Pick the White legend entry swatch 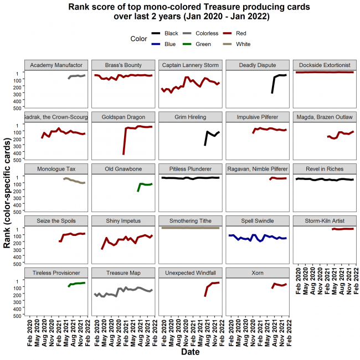(x=227, y=44)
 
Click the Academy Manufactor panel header (x=56, y=65)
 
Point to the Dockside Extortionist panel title (x=324, y=65)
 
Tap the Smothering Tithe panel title (x=191, y=221)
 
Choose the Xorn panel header (x=258, y=273)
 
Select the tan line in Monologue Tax (x=75, y=181)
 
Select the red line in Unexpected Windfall (x=210, y=285)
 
